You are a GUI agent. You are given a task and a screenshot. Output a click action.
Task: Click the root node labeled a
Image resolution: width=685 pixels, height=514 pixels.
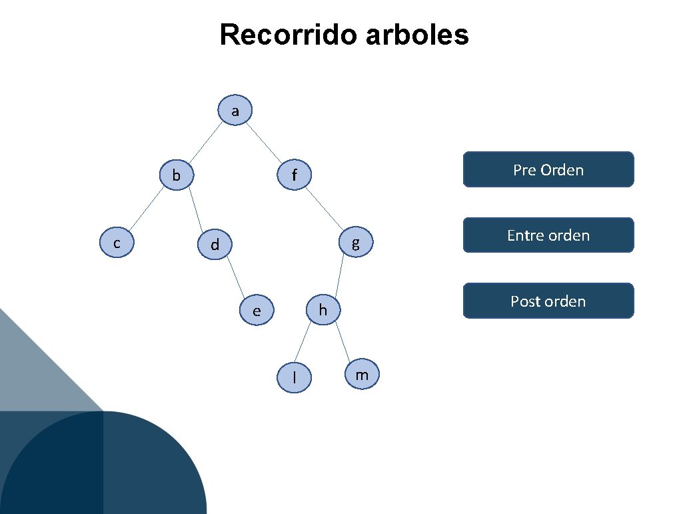coord(235,111)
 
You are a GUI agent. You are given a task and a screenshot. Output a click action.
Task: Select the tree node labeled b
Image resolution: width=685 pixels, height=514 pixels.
coord(176,175)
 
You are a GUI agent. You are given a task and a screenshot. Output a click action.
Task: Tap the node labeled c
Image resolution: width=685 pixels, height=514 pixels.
coord(117,243)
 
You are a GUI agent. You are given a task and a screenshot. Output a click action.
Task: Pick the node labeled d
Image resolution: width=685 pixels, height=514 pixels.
coord(215,245)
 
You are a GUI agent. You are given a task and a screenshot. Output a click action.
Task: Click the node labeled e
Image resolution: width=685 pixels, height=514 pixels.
coord(257,310)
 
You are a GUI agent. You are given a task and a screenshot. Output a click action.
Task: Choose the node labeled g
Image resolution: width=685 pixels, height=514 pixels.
coord(356,243)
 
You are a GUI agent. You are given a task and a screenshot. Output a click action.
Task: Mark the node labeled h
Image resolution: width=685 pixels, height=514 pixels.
coord(323,310)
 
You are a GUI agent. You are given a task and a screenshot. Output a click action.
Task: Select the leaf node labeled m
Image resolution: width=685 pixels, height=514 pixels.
coord(362,375)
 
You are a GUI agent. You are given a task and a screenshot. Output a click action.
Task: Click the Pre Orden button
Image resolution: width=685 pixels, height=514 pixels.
coord(548,170)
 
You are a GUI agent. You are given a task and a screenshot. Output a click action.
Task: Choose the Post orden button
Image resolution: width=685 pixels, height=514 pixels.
coord(548,301)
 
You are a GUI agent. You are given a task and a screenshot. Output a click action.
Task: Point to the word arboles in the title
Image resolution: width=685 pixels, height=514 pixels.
coord(418,35)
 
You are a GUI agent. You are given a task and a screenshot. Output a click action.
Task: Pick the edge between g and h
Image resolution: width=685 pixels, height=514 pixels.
coord(339,276)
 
